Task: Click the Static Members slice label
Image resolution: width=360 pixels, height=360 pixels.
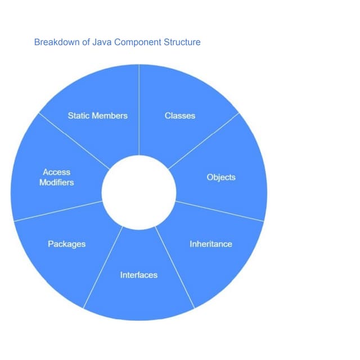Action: (97, 116)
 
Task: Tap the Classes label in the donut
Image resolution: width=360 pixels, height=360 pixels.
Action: (180, 116)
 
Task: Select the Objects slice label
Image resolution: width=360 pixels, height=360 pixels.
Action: (221, 178)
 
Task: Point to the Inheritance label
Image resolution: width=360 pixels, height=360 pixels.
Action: (211, 244)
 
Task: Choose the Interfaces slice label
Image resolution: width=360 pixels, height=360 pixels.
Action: (139, 275)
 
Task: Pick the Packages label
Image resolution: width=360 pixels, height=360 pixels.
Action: (66, 244)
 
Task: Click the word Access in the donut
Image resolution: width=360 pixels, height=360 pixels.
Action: (56, 172)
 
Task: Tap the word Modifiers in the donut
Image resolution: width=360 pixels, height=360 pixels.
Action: (56, 183)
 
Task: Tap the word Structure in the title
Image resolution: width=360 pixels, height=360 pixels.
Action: (181, 42)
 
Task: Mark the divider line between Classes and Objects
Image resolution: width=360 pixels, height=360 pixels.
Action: (204, 141)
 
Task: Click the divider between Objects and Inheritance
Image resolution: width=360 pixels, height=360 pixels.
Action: (219, 211)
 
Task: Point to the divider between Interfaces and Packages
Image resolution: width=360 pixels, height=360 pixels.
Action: (103, 267)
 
